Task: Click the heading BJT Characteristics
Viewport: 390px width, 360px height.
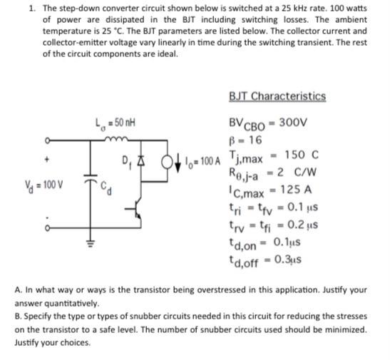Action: pyautogui.click(x=277, y=96)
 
